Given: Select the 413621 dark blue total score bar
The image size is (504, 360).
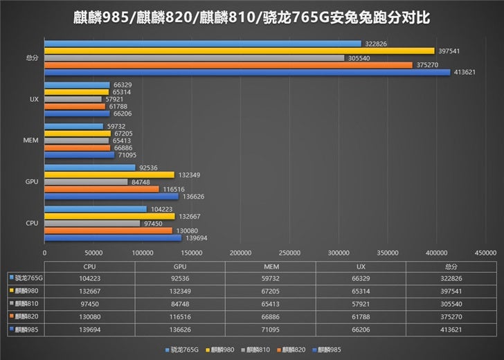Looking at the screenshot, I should pyautogui.click(x=247, y=72).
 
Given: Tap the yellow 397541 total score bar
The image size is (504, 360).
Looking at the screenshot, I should pyautogui.click(x=240, y=51).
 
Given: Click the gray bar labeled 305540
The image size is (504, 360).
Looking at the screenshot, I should pyautogui.click(x=195, y=57).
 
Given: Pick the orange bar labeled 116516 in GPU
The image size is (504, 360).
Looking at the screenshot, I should pyautogui.click(x=102, y=189).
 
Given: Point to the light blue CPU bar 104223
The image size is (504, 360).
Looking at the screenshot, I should pyautogui.click(x=96, y=209).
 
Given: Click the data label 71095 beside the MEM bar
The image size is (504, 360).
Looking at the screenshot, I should pyautogui.click(x=126, y=155).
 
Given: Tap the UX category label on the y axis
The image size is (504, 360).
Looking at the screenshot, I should pyautogui.click(x=34, y=99).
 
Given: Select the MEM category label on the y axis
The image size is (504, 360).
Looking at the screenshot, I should pyautogui.click(x=30, y=141).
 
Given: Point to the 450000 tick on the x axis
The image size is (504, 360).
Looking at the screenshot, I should pyautogui.click(x=485, y=253).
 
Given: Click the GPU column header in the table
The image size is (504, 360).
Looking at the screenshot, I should pyautogui.click(x=179, y=265).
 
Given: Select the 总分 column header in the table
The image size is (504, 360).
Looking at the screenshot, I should pyautogui.click(x=451, y=265).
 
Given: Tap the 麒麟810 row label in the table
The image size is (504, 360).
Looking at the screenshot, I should pyautogui.click(x=25, y=303).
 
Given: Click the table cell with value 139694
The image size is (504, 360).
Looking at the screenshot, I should pyautogui.click(x=89, y=330).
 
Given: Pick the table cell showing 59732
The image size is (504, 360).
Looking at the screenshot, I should pyautogui.click(x=270, y=278).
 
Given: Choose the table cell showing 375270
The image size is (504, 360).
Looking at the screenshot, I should pyautogui.click(x=451, y=316).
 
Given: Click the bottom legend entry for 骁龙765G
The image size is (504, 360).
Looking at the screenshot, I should pyautogui.click(x=182, y=350).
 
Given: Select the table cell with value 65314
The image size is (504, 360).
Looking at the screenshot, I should pyautogui.click(x=360, y=291).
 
